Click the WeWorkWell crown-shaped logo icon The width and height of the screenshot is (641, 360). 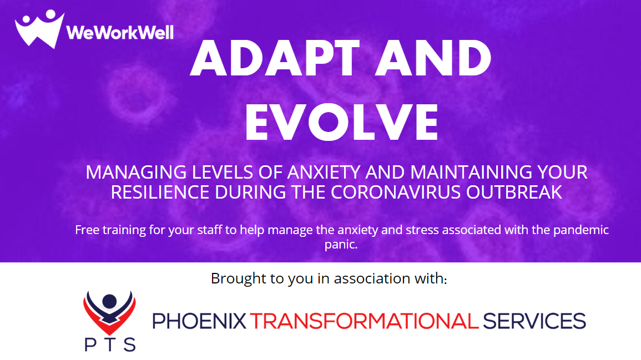coord(39,29)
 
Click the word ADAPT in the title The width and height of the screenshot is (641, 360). coord(275,58)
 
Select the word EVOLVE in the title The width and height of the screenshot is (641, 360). coord(341,123)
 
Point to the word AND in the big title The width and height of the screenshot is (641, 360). coord(433,58)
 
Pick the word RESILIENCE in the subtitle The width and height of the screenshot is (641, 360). coord(160,192)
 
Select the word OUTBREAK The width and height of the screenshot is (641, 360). coord(514,192)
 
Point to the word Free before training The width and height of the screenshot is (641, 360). coord(87,230)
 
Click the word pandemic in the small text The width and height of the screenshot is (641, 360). coord(581,230)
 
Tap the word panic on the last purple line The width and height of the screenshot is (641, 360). coord(341,245)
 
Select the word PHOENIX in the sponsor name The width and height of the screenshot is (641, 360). coord(199,321)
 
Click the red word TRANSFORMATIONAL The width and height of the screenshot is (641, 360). coord(364,321)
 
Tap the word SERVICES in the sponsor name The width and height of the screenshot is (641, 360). coord(534,321)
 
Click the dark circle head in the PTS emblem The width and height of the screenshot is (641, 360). coord(109,301)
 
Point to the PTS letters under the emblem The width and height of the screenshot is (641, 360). coord(110,345)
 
